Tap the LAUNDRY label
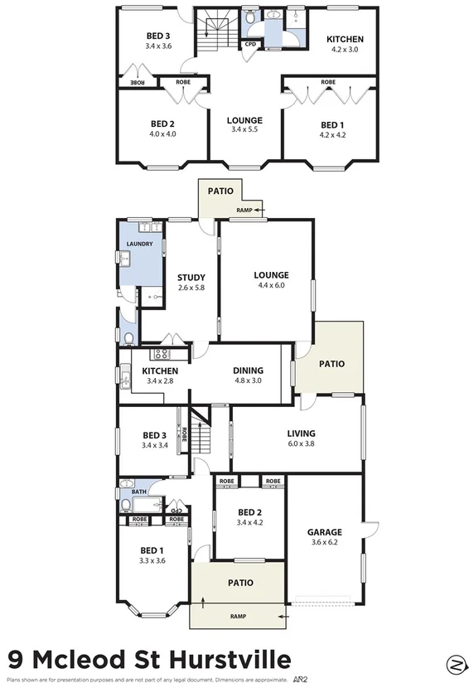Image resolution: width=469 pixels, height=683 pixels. (140, 244)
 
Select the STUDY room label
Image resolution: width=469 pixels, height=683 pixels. (191, 278)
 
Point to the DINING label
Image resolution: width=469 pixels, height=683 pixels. (248, 371)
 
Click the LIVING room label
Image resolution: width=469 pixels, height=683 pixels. (302, 433)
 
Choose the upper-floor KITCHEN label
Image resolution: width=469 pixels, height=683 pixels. (345, 39)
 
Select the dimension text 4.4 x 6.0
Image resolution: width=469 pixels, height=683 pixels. (272, 286)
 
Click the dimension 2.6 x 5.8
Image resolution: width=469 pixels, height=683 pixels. (191, 288)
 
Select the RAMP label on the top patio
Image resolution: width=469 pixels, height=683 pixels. (244, 211)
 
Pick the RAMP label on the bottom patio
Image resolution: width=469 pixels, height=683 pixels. (239, 617)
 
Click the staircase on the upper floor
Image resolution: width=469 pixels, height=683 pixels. (215, 36)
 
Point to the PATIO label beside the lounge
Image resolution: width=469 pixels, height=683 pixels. (331, 363)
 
